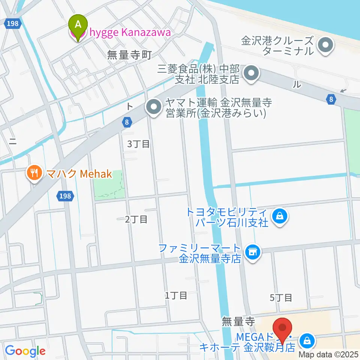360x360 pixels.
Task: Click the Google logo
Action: [25, 351]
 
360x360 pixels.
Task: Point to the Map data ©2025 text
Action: [328, 354]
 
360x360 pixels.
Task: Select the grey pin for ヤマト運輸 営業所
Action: [153, 107]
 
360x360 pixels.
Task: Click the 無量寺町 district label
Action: [129, 55]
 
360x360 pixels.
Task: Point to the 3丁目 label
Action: [138, 144]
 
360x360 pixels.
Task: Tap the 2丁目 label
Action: [136, 219]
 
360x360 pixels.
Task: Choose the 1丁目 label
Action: [175, 295]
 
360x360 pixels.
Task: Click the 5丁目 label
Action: [281, 298]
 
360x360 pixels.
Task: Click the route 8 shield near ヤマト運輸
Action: [127, 121]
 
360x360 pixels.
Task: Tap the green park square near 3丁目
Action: [109, 184]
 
